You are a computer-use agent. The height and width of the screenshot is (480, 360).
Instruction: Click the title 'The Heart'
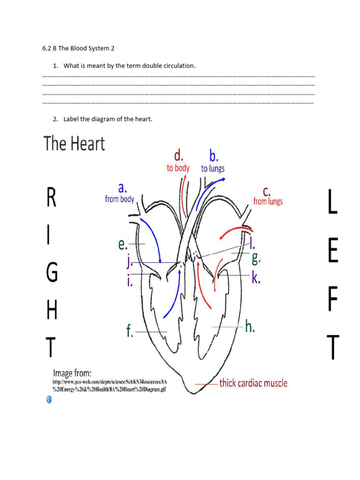[75, 143]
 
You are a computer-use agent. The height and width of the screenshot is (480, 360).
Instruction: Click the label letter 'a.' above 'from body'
[122, 188]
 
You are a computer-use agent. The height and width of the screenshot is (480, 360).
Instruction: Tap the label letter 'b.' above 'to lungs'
[214, 156]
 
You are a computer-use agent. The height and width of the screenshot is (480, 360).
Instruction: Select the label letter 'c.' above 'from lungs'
[266, 191]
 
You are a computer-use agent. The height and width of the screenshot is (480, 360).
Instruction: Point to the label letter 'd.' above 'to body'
[179, 156]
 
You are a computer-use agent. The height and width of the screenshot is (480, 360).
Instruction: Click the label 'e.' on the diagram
[123, 244]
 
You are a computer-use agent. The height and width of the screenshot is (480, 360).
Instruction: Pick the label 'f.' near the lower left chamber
[130, 331]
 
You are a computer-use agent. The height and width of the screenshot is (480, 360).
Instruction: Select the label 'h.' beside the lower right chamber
[250, 326]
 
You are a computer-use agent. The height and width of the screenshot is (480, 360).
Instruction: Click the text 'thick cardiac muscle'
[253, 383]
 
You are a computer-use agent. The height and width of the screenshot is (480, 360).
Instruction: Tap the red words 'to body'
[178, 168]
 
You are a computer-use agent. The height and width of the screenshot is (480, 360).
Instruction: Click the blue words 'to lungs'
[213, 168]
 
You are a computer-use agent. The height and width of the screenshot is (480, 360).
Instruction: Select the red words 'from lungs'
[268, 202]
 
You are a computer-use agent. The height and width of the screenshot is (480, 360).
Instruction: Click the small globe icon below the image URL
[49, 399]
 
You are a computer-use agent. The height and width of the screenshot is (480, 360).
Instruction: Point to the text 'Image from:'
[72, 373]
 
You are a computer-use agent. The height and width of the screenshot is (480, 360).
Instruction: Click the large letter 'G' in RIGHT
[52, 273]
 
